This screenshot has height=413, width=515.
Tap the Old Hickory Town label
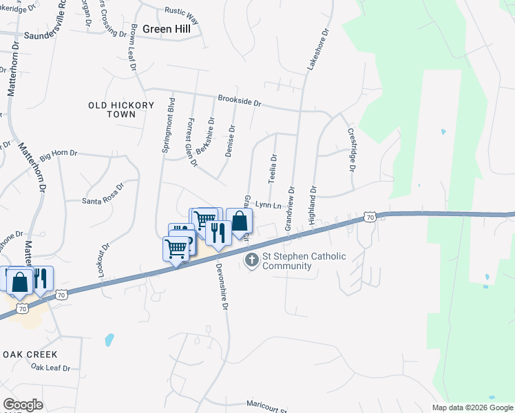pos(112,109)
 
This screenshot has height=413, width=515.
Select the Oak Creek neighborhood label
pos(29,354)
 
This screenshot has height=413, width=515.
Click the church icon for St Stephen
pos(252,260)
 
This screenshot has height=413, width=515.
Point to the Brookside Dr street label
pos(240,100)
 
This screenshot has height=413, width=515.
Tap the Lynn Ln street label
pos(269,205)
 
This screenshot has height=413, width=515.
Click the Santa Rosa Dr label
pos(103,195)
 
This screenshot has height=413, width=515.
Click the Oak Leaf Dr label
pos(51,368)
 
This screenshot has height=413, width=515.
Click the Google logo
pos(23,405)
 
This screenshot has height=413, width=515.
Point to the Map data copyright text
pos(472,407)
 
